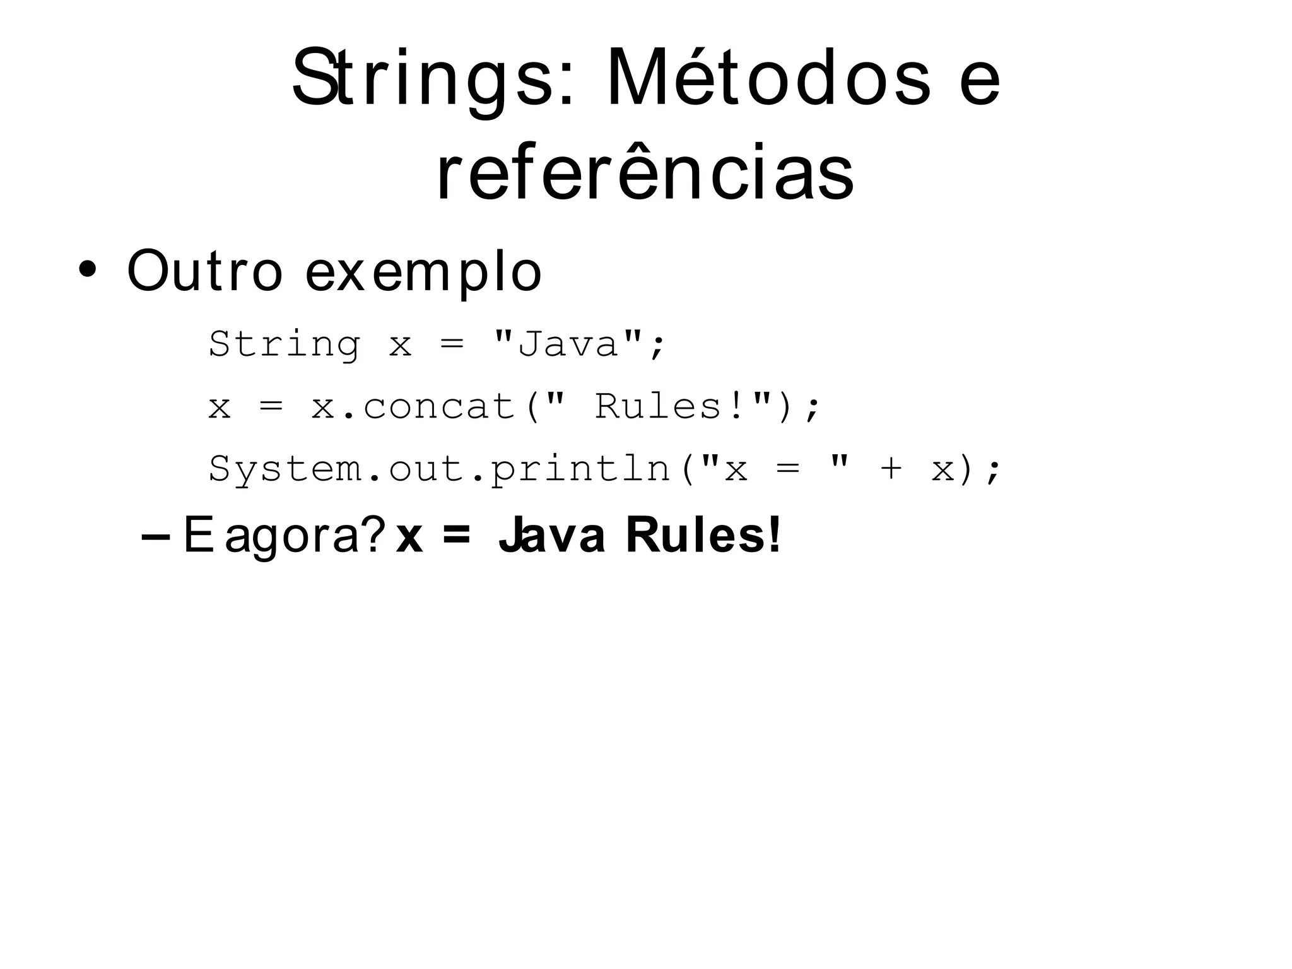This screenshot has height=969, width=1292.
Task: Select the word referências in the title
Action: [x=645, y=172]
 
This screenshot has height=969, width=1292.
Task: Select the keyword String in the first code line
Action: [x=285, y=344]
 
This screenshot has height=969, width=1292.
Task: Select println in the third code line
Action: [x=580, y=469]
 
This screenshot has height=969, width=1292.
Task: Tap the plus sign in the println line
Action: [x=891, y=469]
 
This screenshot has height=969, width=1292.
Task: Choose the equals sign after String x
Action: [x=452, y=344]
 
